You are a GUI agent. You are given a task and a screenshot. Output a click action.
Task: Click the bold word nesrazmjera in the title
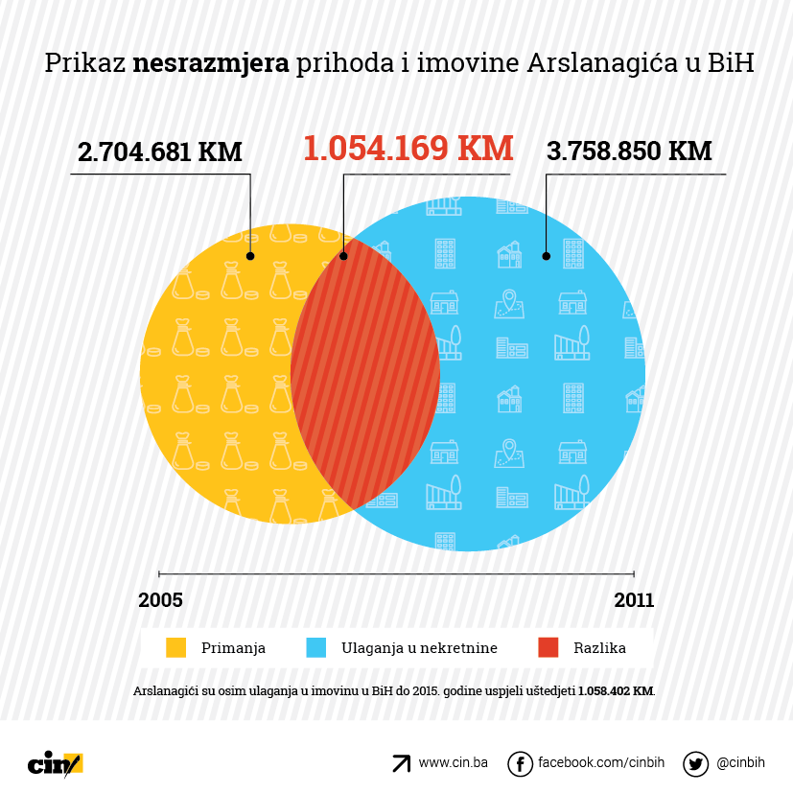pos(211,63)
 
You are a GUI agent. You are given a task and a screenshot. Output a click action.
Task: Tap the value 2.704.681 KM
pos(159,152)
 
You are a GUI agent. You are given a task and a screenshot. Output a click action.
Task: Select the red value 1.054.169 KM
pos(408,149)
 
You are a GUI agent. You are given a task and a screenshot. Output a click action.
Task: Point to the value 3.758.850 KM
pos(629,152)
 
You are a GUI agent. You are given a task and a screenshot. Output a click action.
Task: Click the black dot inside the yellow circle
pos(250,256)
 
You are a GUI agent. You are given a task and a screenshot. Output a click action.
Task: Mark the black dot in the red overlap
pos(343,256)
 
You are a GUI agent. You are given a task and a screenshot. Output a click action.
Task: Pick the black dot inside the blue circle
pos(546,256)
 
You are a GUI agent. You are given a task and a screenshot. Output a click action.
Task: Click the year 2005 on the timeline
pos(160,600)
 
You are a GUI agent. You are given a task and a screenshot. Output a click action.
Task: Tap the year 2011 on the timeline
pos(634,600)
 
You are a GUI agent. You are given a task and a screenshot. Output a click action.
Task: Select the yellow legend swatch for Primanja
pos(175,648)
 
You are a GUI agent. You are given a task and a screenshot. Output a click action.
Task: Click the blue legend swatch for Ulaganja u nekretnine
pos(315,648)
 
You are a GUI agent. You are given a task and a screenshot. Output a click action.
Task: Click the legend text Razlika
pos(599,648)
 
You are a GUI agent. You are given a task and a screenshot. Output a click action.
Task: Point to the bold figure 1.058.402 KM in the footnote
pos(616,690)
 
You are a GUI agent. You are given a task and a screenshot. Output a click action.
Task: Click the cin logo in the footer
pos(55,763)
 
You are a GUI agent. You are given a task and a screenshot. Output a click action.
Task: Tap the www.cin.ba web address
pos(453,763)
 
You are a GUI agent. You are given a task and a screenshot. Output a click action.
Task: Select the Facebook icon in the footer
pos(520,764)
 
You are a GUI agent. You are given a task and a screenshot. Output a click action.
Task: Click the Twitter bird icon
pos(695,764)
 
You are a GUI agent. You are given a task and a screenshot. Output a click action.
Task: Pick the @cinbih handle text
pos(740,763)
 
